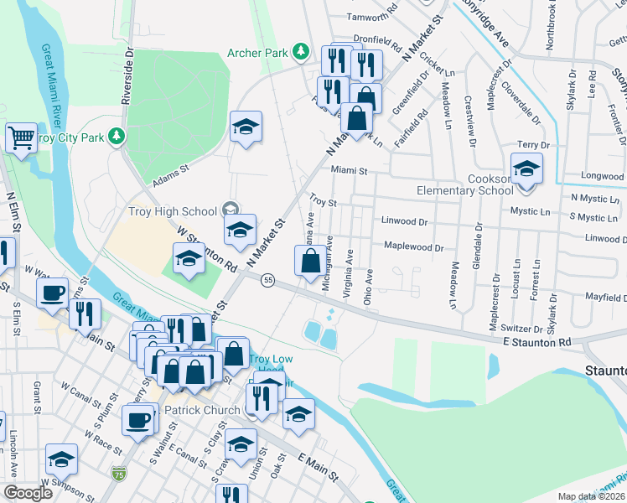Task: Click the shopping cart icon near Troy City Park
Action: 22,137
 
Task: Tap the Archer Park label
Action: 258,54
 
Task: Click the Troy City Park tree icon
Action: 120,135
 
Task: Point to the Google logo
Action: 28,493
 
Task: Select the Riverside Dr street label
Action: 128,75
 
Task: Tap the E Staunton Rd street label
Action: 536,342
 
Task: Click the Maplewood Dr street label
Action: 413,247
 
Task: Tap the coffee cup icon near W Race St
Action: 137,420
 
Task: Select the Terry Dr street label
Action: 533,145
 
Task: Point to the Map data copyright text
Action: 592,496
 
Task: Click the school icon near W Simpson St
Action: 61,459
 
